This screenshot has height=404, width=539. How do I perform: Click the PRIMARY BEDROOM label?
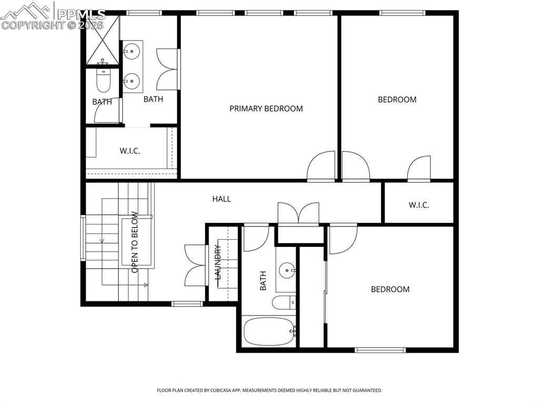266,109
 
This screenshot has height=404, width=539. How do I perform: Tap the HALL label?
222,199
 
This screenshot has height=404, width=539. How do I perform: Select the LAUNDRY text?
217,262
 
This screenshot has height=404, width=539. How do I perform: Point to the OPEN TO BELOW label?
135,242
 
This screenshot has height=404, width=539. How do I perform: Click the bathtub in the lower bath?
269,331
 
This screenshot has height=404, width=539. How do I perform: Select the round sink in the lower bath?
287,271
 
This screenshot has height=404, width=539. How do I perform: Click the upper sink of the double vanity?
131,52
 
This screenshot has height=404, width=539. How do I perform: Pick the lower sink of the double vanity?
131,81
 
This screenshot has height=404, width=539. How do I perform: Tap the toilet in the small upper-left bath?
103,78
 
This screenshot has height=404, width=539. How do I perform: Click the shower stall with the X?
103,40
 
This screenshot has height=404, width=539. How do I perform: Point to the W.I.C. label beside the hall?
418,205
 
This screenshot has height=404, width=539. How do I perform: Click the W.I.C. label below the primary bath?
129,151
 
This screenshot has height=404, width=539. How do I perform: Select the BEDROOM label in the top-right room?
397,100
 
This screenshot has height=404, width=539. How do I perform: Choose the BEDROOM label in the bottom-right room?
390,289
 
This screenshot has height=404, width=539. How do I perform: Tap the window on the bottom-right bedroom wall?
380,350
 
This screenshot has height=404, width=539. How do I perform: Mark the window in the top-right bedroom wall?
403,13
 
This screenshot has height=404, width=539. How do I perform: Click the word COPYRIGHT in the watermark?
33,25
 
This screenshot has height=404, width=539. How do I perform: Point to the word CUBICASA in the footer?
222,391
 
